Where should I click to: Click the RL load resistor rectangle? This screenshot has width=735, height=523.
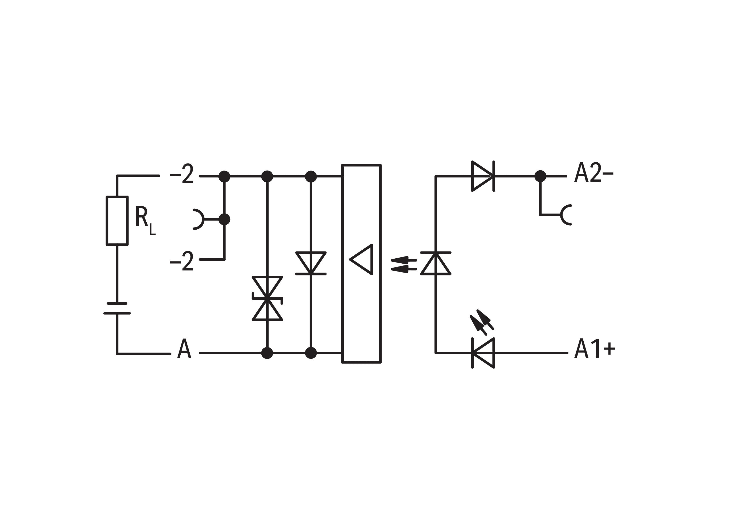point(117,221)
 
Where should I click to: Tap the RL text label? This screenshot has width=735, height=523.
point(144,220)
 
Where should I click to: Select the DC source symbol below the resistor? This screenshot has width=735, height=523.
point(117,308)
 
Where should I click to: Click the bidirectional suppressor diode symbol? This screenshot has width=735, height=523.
point(267,298)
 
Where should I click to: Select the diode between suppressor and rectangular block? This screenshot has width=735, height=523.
point(311,263)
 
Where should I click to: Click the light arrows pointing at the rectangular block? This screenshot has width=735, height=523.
point(404,265)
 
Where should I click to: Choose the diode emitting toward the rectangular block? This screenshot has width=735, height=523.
point(436,263)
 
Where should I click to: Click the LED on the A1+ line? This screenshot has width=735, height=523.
point(483,353)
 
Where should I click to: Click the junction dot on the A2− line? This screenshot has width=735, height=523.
point(540,176)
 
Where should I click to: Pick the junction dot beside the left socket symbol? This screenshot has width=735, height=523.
point(224,219)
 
